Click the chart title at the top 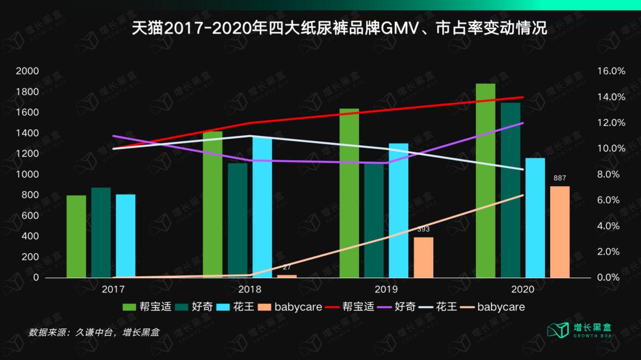point(339,28)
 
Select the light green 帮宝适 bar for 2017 point(76,236)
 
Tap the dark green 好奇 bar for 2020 point(510,190)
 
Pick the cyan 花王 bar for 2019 point(398,210)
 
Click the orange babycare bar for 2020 point(560,232)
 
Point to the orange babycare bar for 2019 point(423,257)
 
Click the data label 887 point(560,178)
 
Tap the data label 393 point(423,229)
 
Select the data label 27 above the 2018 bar point(287,267)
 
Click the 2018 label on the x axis point(249,289)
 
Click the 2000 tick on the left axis point(27,71)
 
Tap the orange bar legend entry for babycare point(291,307)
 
